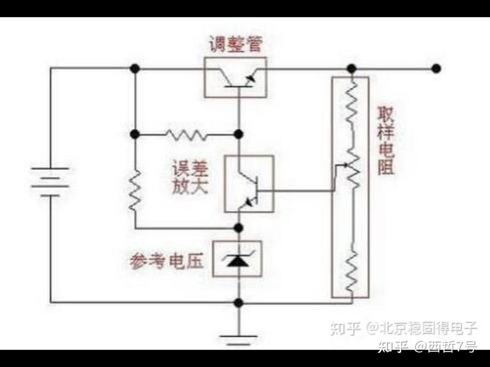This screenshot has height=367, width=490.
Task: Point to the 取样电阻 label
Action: tap(386, 141)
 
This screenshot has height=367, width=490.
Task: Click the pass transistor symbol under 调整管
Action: tap(238, 78)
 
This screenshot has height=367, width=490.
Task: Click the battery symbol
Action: tap(50, 182)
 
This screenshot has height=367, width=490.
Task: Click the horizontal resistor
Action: tap(186, 135)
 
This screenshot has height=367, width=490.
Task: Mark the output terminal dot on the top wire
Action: tap(436, 68)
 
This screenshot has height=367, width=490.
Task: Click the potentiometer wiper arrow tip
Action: tap(347, 165)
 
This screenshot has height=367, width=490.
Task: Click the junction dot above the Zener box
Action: tap(239, 228)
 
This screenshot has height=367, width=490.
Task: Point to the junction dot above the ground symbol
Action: tap(239, 303)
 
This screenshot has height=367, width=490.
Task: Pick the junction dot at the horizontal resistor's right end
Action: tap(239, 134)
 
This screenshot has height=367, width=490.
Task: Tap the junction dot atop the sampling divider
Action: tap(352, 68)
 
